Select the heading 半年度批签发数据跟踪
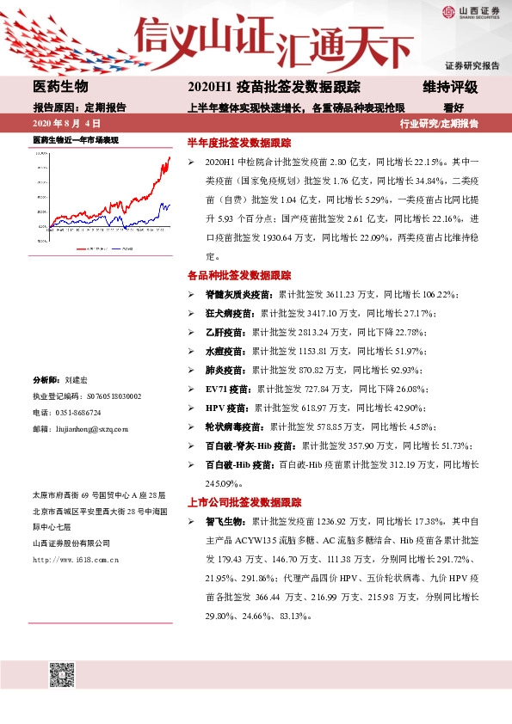[239, 142]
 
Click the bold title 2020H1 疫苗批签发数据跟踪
[273, 87]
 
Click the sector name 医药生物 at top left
[60, 87]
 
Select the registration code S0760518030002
[102, 396]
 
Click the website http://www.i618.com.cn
[75, 559]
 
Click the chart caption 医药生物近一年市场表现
[75, 138]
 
